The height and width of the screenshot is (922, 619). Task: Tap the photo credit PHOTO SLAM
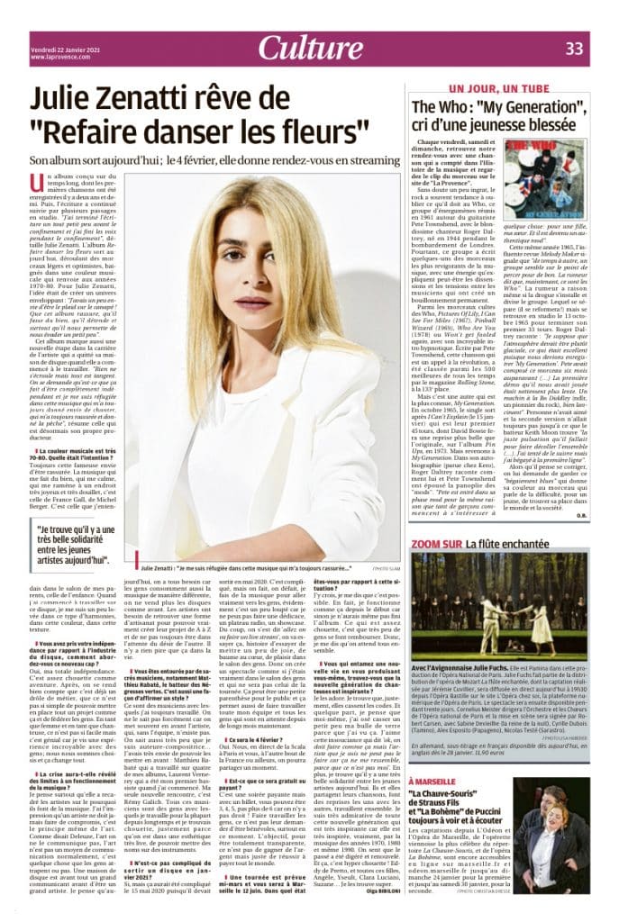click(x=384, y=569)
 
